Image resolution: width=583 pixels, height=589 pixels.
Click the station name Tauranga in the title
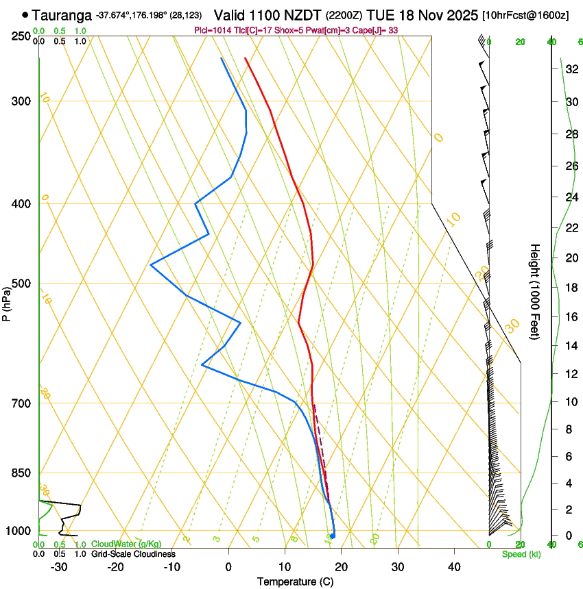click(61, 15)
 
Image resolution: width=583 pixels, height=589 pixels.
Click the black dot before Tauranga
click(25, 14)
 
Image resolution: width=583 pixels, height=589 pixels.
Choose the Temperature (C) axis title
click(295, 581)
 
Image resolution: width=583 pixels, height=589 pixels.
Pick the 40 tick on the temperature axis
click(454, 567)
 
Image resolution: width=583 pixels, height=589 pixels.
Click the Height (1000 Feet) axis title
click(535, 291)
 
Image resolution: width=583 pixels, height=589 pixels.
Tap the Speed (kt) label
click(521, 554)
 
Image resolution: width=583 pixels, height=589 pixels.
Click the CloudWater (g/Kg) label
click(127, 544)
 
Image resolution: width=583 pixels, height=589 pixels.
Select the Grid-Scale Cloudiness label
click(133, 554)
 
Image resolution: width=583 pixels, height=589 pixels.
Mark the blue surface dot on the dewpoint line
click(333, 536)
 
